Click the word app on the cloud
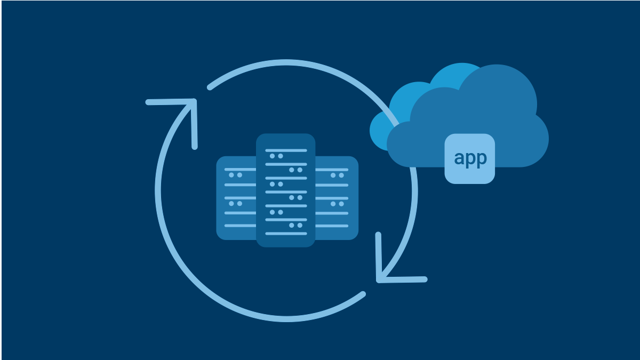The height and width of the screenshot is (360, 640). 470,158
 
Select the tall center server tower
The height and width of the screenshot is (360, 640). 286,190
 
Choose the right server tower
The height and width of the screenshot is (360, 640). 337,198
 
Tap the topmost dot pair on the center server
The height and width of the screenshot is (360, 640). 276,156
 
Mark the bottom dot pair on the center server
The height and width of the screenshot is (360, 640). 295,226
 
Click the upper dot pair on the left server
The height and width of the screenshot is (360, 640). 235,175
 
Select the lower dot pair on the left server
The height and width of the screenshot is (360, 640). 235,204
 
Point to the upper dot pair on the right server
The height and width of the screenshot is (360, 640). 337,175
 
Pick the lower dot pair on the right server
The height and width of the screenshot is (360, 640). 337,204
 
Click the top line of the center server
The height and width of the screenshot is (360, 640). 286,150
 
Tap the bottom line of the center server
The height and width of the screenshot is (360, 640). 286,234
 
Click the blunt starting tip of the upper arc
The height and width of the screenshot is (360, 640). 210,87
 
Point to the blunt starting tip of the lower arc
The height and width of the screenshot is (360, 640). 363,294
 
